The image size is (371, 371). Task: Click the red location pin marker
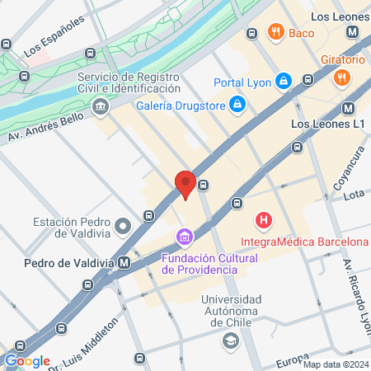click(x=185, y=184)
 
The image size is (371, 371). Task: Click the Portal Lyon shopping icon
click(x=283, y=81)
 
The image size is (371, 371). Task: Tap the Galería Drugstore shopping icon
click(x=237, y=103)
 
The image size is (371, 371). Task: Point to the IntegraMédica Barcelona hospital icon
click(x=264, y=220)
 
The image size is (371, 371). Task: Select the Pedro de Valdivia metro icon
click(x=124, y=262)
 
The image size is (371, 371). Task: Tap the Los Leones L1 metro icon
click(x=348, y=108)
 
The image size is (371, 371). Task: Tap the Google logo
click(x=27, y=360)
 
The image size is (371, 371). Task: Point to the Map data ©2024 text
click(x=336, y=364)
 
